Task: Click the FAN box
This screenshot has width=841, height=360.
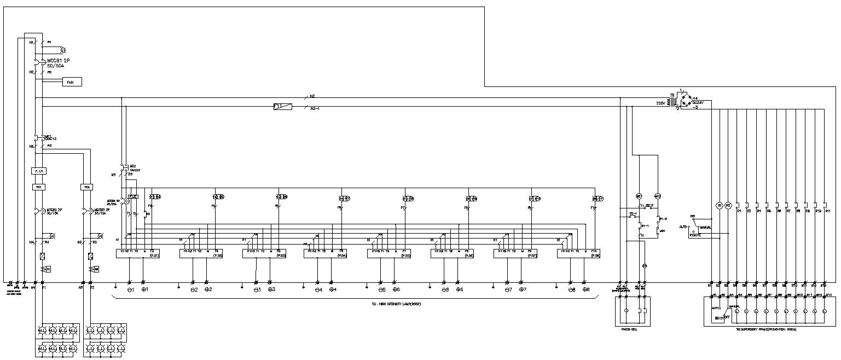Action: tap(70, 82)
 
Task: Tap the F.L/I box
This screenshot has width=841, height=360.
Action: tap(39, 171)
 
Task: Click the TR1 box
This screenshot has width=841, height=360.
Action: tap(39, 187)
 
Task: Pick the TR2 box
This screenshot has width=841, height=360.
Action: tap(86, 187)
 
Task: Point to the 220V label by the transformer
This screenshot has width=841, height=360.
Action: tap(662, 103)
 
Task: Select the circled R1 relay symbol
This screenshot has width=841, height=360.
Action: tap(720, 206)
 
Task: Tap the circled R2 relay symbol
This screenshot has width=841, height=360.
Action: tap(728, 206)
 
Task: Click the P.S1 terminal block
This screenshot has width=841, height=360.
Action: tap(137, 253)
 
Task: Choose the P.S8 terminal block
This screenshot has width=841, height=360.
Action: tap(578, 253)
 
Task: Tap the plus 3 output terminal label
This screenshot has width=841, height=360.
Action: tap(271, 289)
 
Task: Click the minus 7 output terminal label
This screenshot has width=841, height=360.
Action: tap(508, 289)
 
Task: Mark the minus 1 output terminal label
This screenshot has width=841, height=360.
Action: tap(131, 289)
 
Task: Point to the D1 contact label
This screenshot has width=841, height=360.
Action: tap(739, 211)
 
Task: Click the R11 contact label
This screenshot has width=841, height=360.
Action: tap(828, 211)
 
